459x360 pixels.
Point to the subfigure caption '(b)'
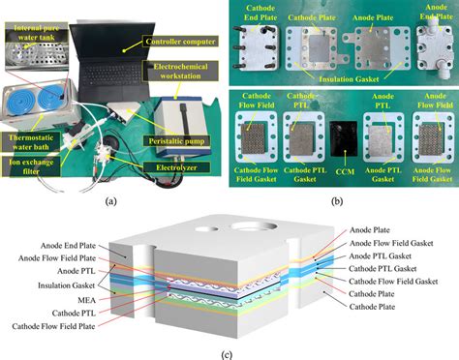click(x=339, y=200)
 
